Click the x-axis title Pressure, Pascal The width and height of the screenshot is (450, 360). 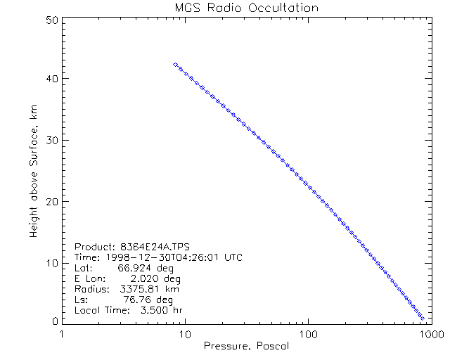pos(246,346)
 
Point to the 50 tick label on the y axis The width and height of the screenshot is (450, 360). pos(51,21)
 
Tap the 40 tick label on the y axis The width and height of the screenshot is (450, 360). pos(51,79)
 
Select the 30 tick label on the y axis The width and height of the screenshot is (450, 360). pos(51,141)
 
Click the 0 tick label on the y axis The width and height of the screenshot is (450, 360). pos(53,321)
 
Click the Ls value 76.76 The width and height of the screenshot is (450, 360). pos(137,300)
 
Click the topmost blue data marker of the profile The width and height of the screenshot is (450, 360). pos(175,64)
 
